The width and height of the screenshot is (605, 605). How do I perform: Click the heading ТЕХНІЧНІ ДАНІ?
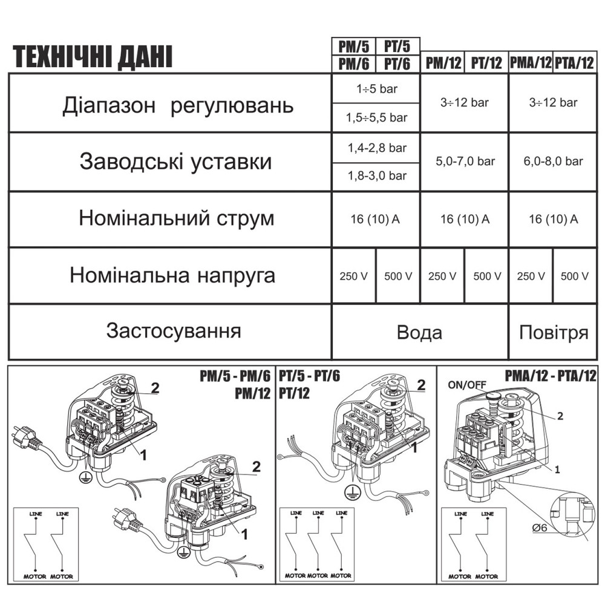[x=92, y=57]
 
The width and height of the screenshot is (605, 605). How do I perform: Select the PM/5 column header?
[x=353, y=46]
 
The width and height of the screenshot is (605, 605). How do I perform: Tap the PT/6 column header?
[x=397, y=64]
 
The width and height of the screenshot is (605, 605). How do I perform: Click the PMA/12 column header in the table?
[x=531, y=63]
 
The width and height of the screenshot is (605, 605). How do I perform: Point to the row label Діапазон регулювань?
[x=178, y=106]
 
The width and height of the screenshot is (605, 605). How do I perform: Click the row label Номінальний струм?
[x=176, y=218]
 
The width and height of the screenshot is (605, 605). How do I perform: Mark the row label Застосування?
[x=174, y=331]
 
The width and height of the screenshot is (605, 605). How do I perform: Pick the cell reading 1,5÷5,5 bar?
[x=376, y=117]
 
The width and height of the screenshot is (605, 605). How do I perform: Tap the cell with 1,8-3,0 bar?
[x=376, y=176]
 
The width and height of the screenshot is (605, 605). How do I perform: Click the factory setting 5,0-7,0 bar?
[x=465, y=162]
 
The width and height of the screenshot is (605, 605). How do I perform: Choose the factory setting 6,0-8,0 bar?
[x=553, y=162]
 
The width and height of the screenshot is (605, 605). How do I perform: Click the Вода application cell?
[x=419, y=333]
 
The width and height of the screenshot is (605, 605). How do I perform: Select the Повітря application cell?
[x=553, y=333]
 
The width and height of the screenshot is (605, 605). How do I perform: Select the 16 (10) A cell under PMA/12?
[x=553, y=219]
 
